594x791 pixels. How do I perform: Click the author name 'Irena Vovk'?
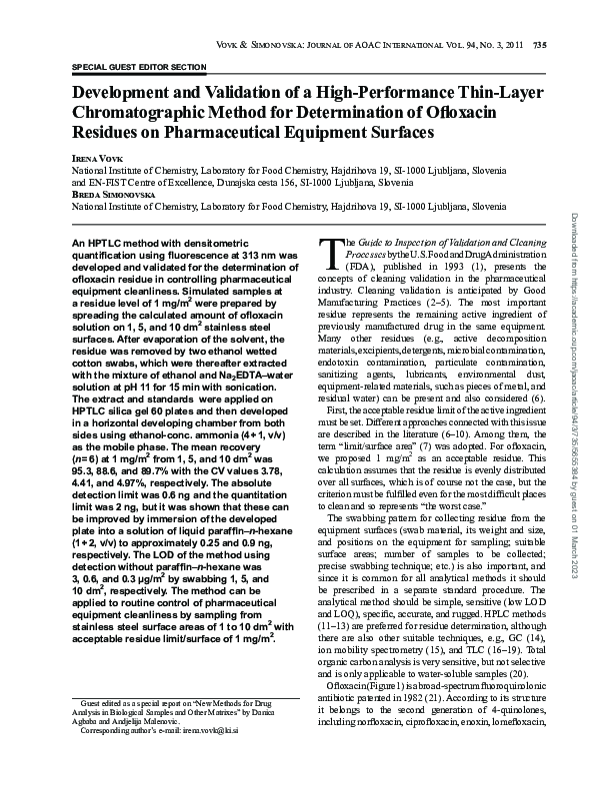[x=94, y=160]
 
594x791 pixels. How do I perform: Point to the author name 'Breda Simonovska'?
[x=112, y=195]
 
